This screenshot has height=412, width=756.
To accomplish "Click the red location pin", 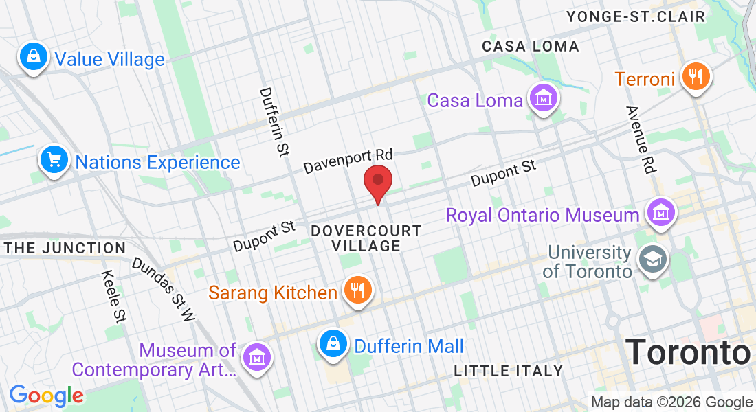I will (x=377, y=183).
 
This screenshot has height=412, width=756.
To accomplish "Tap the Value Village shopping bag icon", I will (x=33, y=57).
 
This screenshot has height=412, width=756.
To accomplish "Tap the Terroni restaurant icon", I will (x=696, y=77).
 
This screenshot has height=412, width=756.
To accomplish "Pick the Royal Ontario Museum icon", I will (x=661, y=213).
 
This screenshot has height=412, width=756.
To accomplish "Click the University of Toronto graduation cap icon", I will (x=649, y=259).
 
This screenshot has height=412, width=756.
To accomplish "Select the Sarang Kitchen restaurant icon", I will (x=356, y=290).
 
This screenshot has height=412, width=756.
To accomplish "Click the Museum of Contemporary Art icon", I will (x=257, y=358).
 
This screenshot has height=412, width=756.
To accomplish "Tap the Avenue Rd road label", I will (x=641, y=139).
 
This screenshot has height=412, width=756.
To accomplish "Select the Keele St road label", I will (x=113, y=296).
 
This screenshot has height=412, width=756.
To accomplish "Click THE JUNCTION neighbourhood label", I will (x=65, y=248).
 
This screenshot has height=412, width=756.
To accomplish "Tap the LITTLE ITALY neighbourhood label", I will (x=509, y=371).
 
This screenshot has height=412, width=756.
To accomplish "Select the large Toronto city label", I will (x=687, y=352).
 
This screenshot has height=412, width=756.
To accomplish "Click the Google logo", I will (x=46, y=396).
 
